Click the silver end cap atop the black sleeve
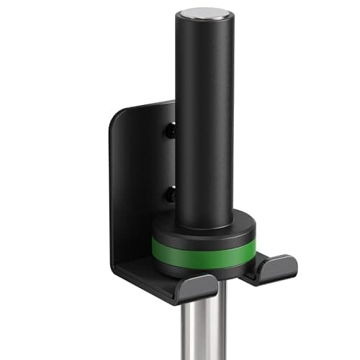coord(205,12)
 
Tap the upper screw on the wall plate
coord(170,130)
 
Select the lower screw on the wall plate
coord(170,193)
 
